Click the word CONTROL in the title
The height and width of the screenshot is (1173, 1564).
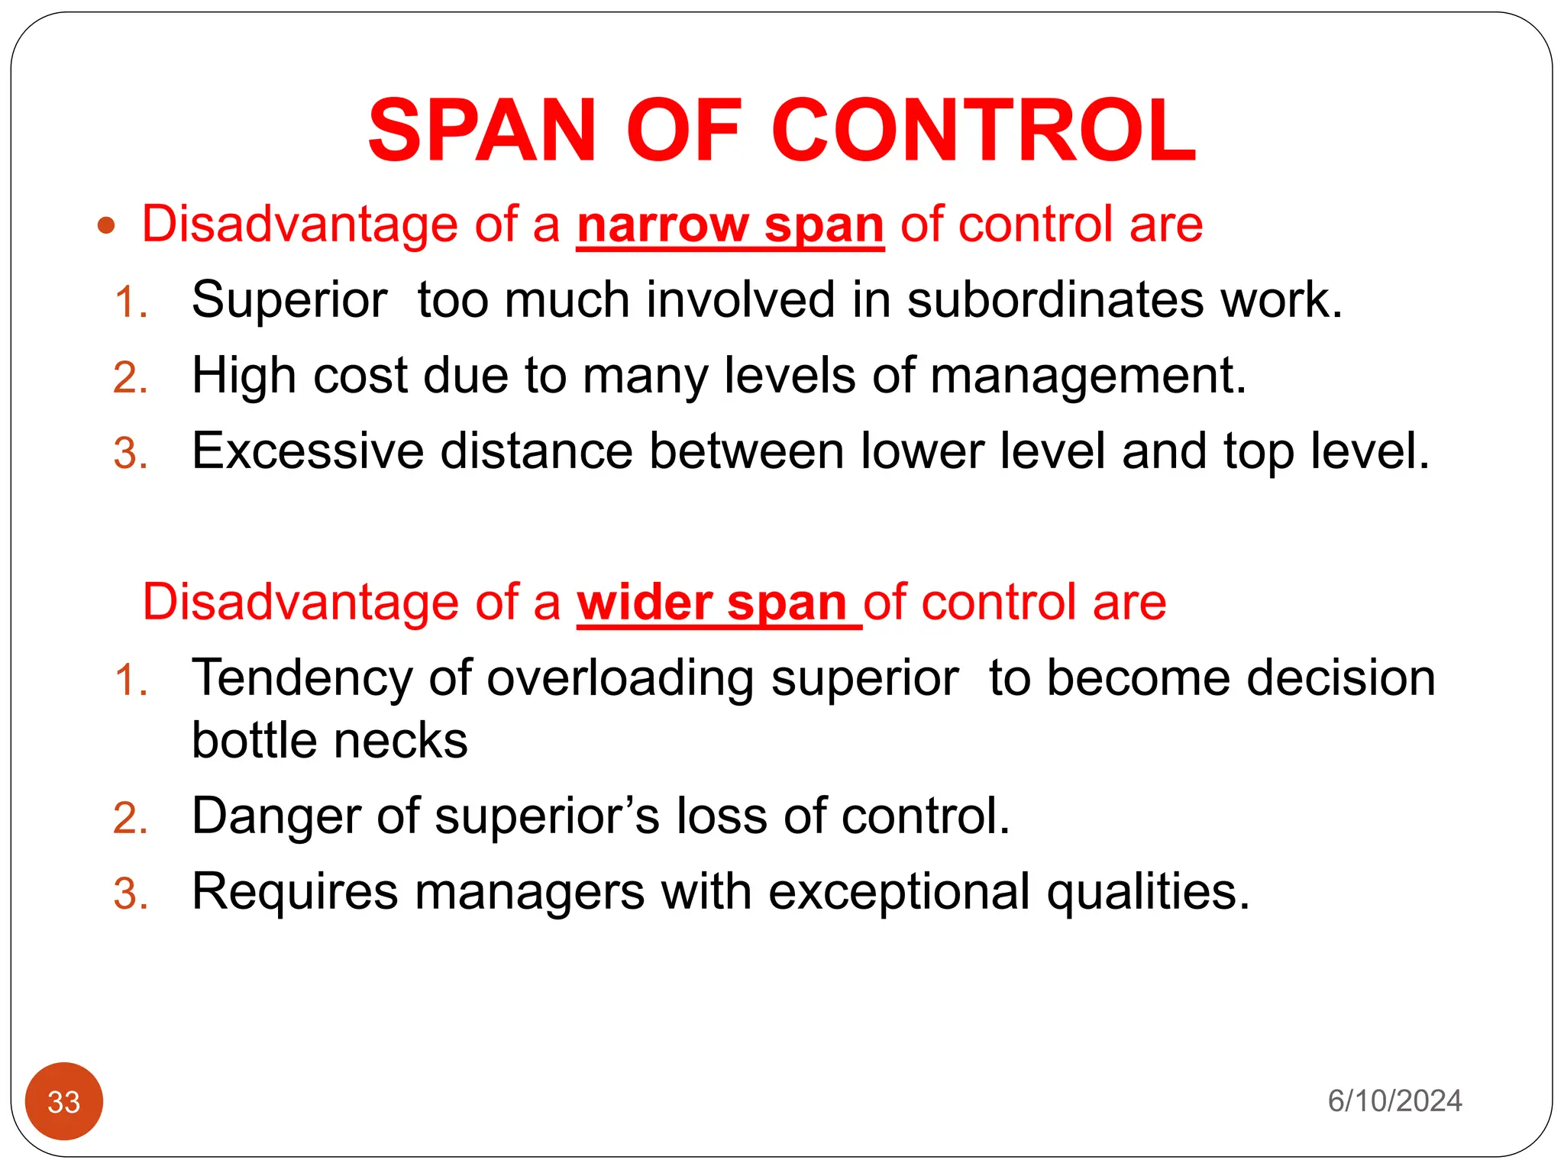click(x=984, y=130)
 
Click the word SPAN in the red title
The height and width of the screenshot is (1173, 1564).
click(x=481, y=130)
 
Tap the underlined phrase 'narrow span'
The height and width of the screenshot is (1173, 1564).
click(x=730, y=225)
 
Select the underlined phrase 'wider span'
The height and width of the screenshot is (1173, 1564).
click(x=712, y=603)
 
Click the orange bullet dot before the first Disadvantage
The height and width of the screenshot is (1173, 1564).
click(x=106, y=225)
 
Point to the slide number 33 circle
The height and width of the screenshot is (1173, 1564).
click(x=64, y=1101)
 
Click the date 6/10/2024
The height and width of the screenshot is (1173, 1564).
click(x=1394, y=1101)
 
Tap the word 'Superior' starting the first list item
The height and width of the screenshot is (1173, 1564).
click(x=289, y=299)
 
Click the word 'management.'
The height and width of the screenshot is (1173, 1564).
click(x=1088, y=376)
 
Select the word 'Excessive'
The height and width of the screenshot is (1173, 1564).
click(x=307, y=451)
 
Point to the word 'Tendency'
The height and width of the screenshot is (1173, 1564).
click(x=302, y=678)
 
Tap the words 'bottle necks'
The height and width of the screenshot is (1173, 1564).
click(x=329, y=741)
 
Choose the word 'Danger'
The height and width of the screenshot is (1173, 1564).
click(x=275, y=816)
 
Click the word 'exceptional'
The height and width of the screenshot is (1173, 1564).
click(x=899, y=891)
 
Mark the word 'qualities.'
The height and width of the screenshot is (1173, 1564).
click(x=1148, y=891)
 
